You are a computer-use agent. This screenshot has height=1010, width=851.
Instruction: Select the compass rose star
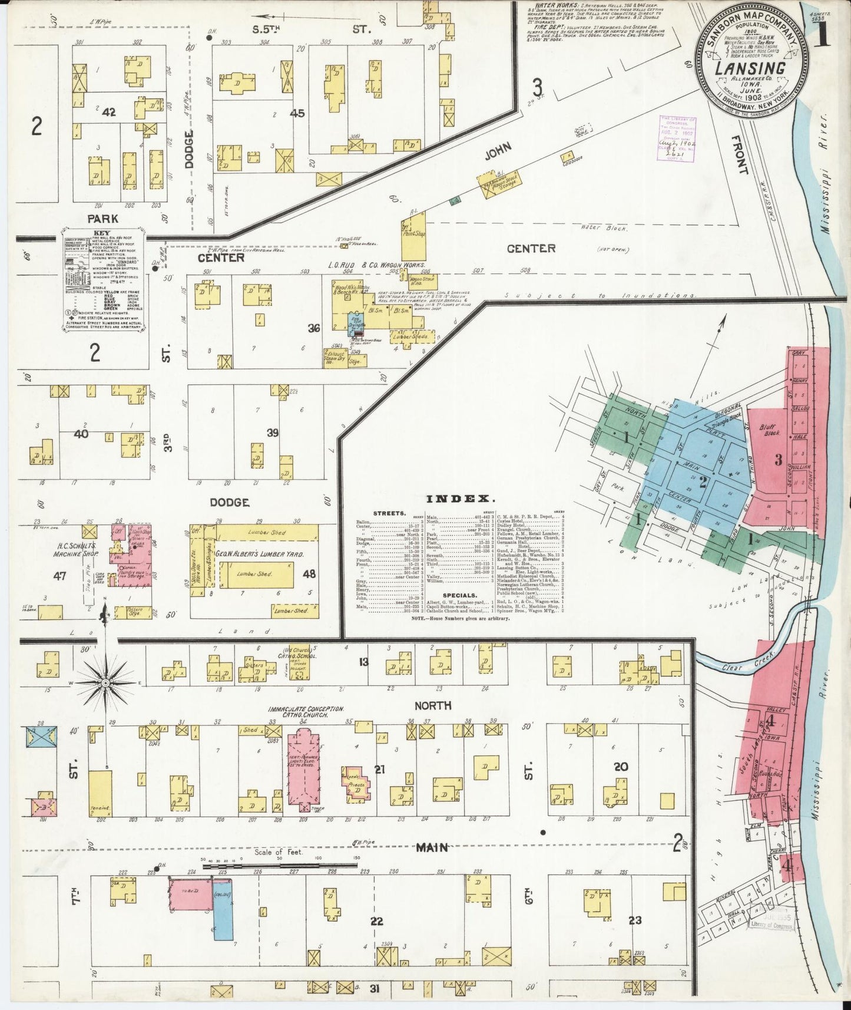[105, 683]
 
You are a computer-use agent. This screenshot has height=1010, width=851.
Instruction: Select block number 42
[108, 112]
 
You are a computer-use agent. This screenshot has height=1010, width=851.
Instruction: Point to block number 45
[297, 113]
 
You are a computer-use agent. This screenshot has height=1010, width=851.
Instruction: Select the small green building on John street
[454, 202]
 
